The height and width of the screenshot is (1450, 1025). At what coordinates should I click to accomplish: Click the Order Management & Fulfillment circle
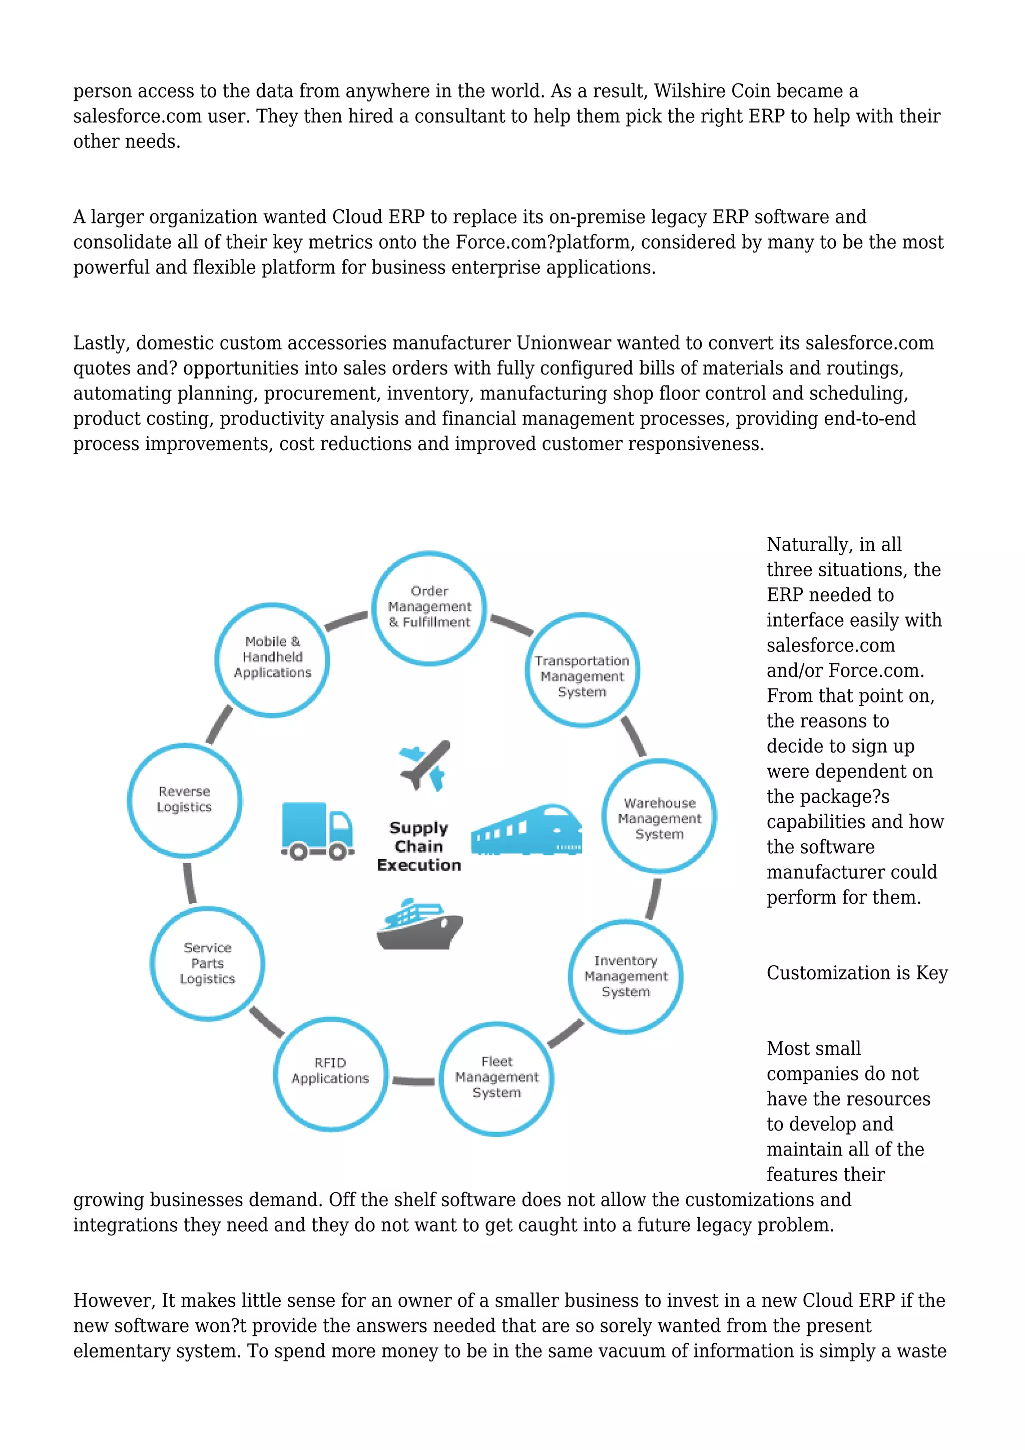click(x=429, y=607)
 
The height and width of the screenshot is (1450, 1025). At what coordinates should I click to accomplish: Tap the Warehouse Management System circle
click(x=659, y=816)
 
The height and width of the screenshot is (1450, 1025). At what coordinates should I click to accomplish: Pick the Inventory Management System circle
click(x=626, y=976)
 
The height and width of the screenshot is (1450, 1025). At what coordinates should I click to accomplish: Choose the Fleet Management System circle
click(x=496, y=1077)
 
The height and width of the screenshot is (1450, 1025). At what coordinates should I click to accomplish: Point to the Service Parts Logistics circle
click(x=208, y=963)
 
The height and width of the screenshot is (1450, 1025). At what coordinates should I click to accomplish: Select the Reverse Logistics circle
click(x=184, y=800)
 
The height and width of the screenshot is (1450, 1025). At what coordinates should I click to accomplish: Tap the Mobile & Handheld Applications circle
click(x=272, y=659)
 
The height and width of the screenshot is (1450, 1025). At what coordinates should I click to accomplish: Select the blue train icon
click(x=528, y=830)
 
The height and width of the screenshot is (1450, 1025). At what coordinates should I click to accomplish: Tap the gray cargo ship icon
click(x=418, y=925)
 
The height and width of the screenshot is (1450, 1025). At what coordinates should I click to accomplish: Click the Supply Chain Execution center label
click(x=418, y=846)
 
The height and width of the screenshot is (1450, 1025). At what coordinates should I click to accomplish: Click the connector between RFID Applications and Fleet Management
click(x=413, y=1080)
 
